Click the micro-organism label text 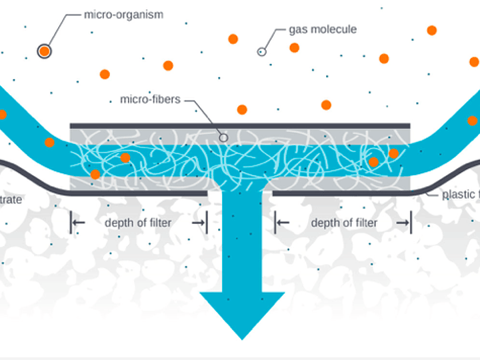(x=124, y=14)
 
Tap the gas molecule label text (x=323, y=29)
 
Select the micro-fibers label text (x=150, y=100)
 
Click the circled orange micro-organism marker (x=44, y=51)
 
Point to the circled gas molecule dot (x=262, y=51)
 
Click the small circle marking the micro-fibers (x=223, y=137)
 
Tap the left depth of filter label (x=138, y=223)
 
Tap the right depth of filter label (x=344, y=223)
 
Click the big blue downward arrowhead (x=242, y=313)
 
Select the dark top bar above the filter (x=240, y=125)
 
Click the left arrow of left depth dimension (x=77, y=223)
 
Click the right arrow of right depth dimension (x=404, y=223)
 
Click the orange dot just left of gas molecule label (x=233, y=39)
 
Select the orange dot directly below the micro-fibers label (x=242, y=109)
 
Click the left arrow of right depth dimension (x=282, y=223)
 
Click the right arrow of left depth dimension (x=199, y=223)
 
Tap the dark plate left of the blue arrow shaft (x=133, y=193)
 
